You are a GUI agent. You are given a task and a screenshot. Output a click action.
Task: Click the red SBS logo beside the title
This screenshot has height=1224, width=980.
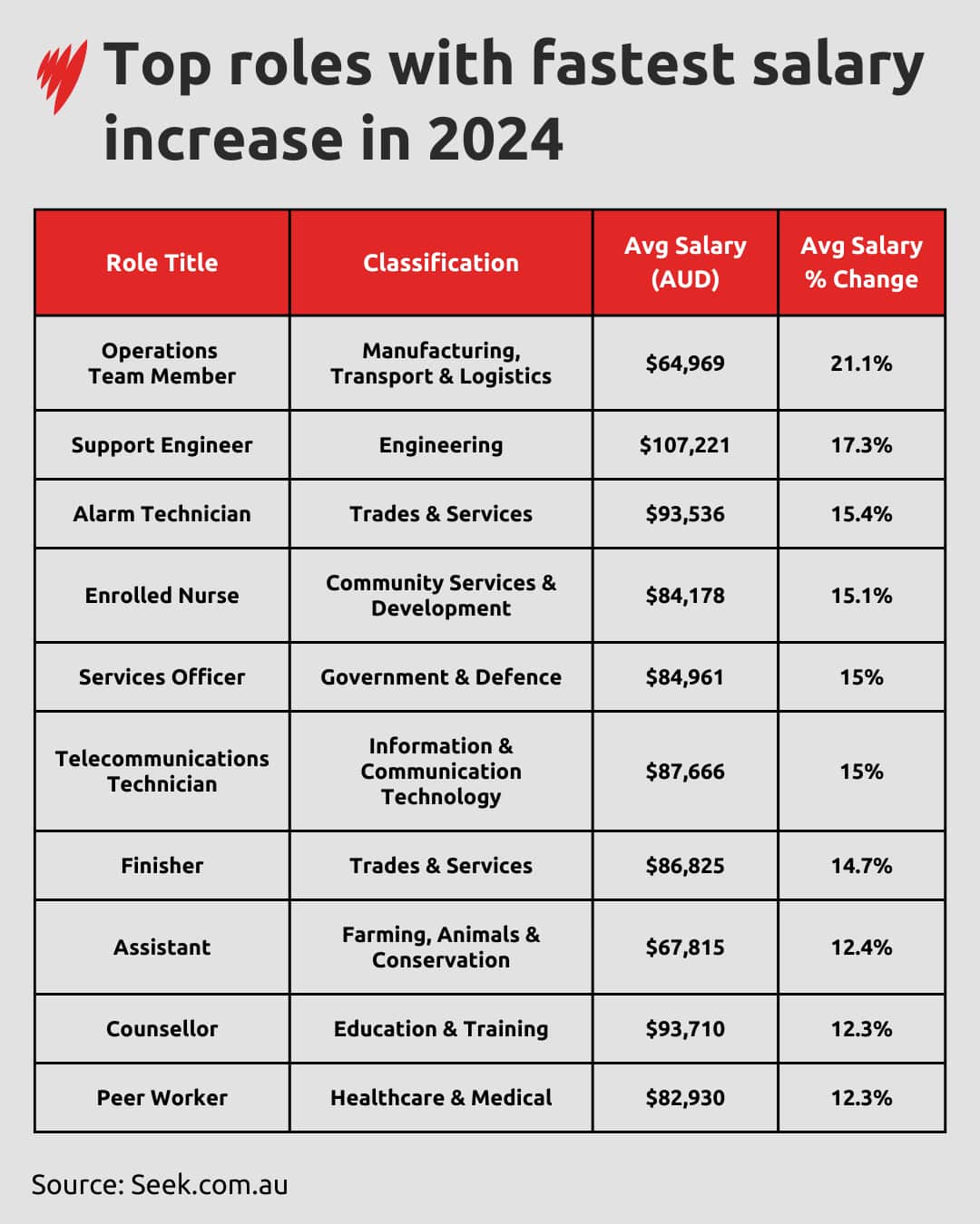click(62, 76)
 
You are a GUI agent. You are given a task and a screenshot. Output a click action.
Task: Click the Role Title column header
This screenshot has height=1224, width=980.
click(162, 263)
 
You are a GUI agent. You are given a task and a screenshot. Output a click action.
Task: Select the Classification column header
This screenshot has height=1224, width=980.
click(441, 263)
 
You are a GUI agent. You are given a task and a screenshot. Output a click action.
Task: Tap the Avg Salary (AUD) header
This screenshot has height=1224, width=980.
click(685, 262)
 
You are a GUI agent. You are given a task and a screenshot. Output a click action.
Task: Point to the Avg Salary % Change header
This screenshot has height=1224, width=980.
click(861, 262)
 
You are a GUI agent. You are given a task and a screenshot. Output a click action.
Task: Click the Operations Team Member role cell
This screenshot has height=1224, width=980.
click(162, 364)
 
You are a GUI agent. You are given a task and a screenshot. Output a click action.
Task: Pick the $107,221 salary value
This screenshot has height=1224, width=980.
click(685, 445)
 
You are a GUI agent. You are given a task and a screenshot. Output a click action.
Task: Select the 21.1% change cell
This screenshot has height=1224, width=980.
click(861, 364)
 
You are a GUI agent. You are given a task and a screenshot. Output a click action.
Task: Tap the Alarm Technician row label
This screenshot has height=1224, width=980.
click(162, 514)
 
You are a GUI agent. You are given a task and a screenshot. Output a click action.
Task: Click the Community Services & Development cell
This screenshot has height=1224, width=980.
click(441, 596)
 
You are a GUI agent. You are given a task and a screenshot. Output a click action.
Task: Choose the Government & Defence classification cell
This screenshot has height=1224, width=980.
click(441, 677)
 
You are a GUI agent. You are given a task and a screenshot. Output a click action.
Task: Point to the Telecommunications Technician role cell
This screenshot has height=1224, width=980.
click(162, 772)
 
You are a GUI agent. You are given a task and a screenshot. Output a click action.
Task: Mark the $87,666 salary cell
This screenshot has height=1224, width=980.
click(685, 772)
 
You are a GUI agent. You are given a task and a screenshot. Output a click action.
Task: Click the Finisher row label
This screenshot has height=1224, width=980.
click(162, 866)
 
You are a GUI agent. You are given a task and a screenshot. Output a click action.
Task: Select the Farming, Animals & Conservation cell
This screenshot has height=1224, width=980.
click(441, 947)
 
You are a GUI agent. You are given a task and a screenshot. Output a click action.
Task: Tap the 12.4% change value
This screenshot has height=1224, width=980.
click(861, 947)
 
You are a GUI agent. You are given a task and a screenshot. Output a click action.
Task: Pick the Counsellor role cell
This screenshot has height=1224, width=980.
click(162, 1029)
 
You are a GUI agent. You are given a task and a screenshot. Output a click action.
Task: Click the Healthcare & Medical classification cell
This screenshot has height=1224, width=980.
click(441, 1098)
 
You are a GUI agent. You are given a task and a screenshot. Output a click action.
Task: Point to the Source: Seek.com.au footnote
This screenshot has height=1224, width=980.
click(160, 1185)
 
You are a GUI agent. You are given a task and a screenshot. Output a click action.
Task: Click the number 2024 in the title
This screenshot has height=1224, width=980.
click(495, 141)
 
